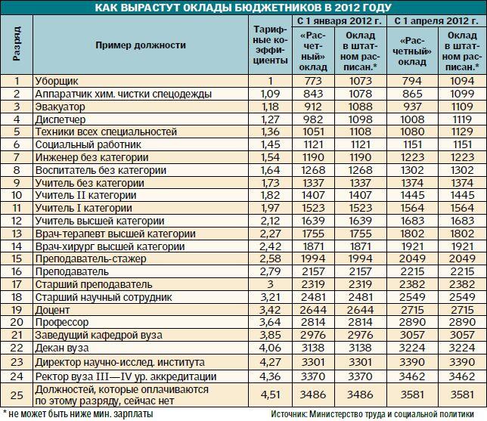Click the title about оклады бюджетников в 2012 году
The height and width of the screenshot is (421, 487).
[243, 8]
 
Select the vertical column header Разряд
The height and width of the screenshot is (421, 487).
[17, 45]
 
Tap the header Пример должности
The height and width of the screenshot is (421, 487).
[141, 45]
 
